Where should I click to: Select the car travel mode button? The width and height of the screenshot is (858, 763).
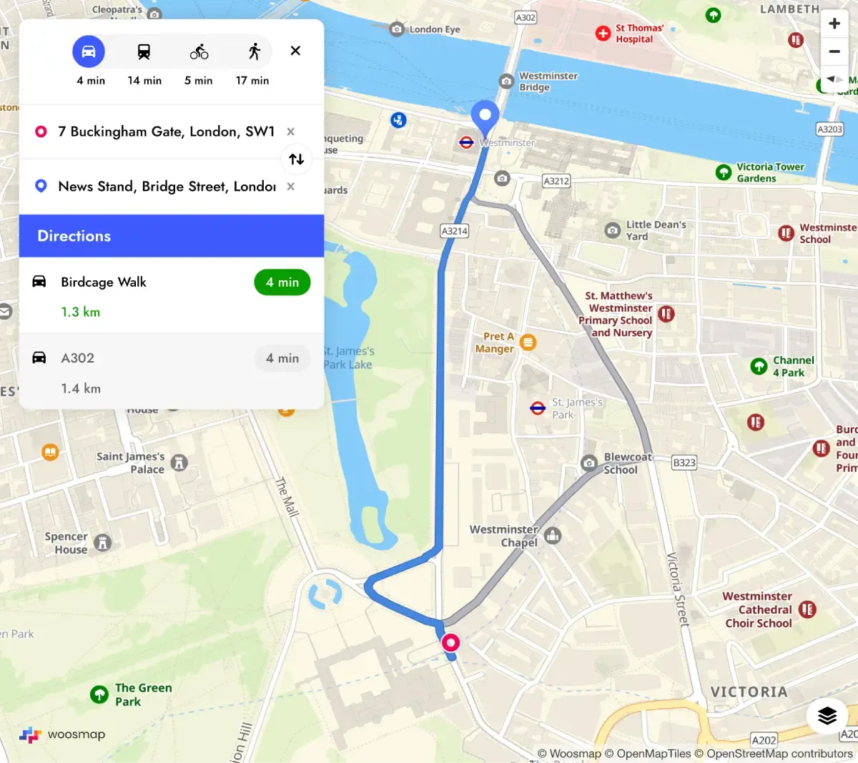(x=89, y=51)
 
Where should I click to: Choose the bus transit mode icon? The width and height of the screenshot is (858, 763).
(x=144, y=51)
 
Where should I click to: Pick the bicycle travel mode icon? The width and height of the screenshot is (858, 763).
(x=199, y=51)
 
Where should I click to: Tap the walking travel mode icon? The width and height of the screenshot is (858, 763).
(x=254, y=51)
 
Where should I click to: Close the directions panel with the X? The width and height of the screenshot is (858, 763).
(x=295, y=51)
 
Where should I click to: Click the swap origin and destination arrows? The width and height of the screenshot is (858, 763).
(x=296, y=159)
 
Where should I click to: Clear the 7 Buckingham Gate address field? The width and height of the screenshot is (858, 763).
(x=290, y=132)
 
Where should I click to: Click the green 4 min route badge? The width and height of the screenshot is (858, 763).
(x=282, y=282)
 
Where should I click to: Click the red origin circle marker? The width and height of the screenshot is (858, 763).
(x=450, y=642)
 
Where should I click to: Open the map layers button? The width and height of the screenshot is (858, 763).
(x=827, y=715)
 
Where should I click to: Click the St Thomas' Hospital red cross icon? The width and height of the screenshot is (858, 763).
(x=603, y=33)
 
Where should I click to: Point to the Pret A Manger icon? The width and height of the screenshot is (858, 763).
(x=528, y=343)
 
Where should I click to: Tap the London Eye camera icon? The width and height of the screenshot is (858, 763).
(x=397, y=29)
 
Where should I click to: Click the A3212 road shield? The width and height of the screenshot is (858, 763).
(x=556, y=181)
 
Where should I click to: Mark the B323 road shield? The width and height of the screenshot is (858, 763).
(x=684, y=463)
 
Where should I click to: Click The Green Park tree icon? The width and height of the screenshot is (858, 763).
(x=99, y=694)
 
